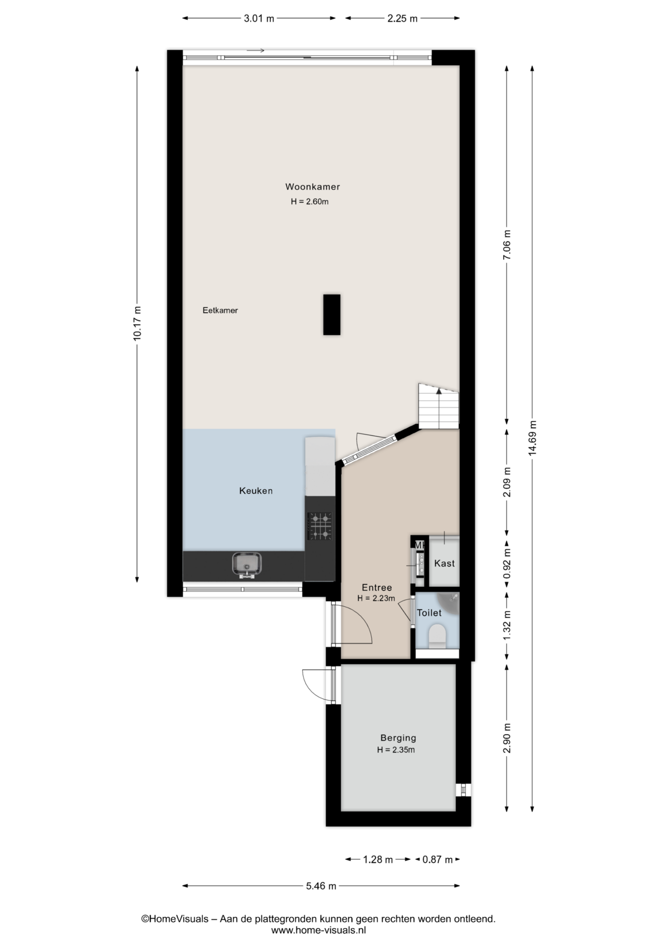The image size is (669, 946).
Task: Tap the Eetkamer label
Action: pos(220,310)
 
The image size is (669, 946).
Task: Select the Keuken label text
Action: pos(256,491)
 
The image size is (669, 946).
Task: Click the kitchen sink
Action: pos(246,565)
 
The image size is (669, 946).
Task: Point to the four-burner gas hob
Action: pos(320,526)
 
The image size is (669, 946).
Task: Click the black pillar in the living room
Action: pos(332,315)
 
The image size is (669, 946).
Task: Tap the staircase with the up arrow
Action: pos(438,406)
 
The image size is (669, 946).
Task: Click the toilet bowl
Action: pos(437,636)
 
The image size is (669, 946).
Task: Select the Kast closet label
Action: pos(444,563)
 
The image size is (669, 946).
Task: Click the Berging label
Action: pos(398,738)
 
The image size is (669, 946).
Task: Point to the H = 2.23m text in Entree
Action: pos(376,599)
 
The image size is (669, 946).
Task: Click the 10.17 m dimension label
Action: pos(137,323)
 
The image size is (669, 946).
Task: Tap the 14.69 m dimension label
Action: pos(532,439)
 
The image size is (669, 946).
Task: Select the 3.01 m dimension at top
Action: pos(259,19)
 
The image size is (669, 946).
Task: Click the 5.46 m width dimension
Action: pos(321,886)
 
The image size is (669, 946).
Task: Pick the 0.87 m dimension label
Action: pos(437,859)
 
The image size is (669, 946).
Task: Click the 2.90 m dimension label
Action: pos(507,738)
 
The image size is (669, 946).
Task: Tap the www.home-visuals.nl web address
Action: pos(319,930)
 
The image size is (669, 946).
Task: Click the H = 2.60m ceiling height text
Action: pos(309,202)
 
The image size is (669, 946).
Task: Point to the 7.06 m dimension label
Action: pos(507,245)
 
